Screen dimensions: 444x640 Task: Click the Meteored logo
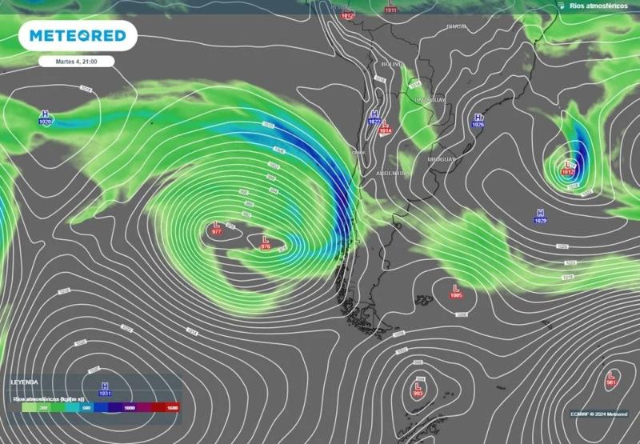[78, 36]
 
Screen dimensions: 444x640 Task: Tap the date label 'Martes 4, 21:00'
[76, 61]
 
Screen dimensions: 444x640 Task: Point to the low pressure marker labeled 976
[266, 242]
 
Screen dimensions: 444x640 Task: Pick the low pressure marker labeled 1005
[456, 290]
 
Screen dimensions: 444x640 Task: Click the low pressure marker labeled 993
[418, 389]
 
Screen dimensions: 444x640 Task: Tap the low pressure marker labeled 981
[611, 378]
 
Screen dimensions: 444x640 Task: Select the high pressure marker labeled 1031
[104, 389]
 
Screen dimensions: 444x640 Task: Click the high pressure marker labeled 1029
[540, 216]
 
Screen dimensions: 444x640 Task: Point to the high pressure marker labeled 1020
[44, 118]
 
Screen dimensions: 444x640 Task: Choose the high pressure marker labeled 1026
[478, 121]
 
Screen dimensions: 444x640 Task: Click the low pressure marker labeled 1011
[390, 8]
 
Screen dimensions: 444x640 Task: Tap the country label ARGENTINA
[394, 173]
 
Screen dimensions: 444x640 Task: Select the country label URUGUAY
[441, 159]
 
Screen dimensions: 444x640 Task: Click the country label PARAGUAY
[430, 99]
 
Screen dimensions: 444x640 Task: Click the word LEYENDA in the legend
[25, 382]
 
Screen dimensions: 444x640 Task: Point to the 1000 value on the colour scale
[129, 407]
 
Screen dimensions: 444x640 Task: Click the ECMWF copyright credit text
[598, 414]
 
